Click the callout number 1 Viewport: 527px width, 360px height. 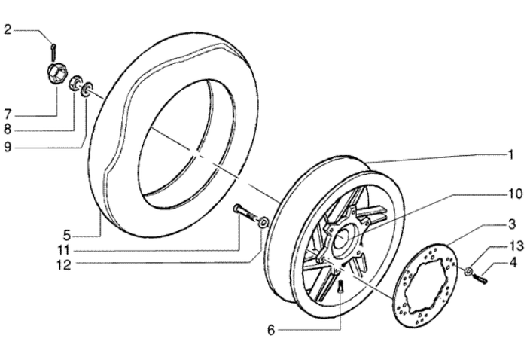[x=510, y=156]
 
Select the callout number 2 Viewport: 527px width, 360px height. [x=8, y=30]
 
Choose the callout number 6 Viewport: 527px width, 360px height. [x=272, y=330]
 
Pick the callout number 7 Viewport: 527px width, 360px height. [x=8, y=114]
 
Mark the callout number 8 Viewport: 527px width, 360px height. [x=8, y=130]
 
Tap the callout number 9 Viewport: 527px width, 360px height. [x=8, y=147]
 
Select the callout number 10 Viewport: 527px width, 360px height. [x=513, y=194]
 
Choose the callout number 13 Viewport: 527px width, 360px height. [x=513, y=246]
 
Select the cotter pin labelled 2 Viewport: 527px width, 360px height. [x=53, y=50]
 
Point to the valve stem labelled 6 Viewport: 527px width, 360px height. [x=340, y=286]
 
